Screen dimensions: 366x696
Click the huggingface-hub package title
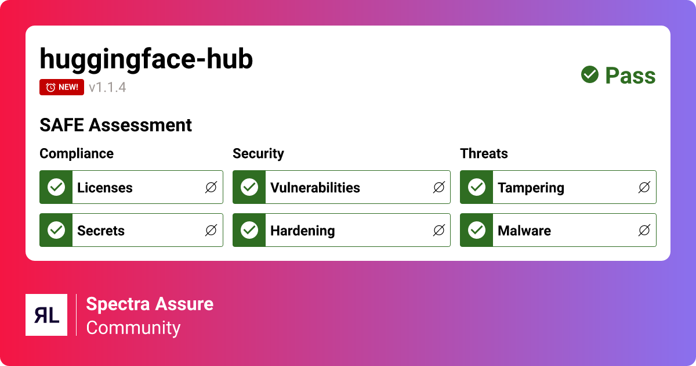[146, 59]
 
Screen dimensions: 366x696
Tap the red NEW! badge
[62, 87]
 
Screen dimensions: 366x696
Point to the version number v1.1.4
[107, 88]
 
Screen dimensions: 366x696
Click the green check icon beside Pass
[590, 74]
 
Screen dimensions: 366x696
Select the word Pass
[630, 76]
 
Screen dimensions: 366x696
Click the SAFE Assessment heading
[115, 125]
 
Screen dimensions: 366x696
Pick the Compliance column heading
[77, 153]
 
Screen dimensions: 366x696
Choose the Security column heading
[258, 153]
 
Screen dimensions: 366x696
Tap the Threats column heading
[484, 153]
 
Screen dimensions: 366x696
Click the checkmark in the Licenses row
[56, 187]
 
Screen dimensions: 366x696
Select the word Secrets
[101, 231]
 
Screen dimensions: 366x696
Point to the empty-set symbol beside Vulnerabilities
[439, 187]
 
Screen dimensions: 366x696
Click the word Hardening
[302, 231]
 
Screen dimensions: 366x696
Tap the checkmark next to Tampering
[477, 187]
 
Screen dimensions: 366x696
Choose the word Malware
[524, 231]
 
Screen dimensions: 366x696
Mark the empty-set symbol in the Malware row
[644, 231]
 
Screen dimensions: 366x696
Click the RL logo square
[46, 315]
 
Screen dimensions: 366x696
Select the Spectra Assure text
[150, 304]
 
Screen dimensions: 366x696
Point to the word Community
[133, 328]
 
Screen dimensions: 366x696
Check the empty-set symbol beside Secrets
[211, 231]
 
